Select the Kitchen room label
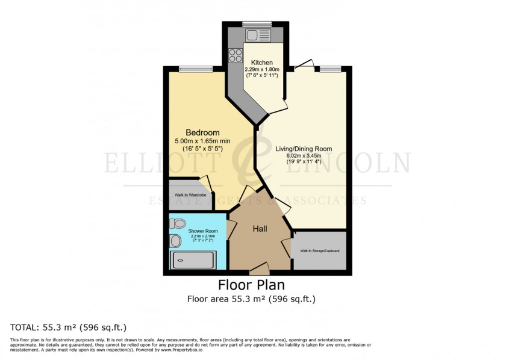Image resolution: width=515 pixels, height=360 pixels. click(262, 63)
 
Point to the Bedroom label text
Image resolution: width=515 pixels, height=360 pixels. click(202, 132)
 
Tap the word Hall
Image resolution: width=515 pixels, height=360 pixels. click(259, 229)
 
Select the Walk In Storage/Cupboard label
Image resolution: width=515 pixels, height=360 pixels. click(319, 250)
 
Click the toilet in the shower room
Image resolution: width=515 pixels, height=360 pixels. click(178, 224)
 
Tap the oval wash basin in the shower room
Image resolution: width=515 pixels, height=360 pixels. click(175, 241)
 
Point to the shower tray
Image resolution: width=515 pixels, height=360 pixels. click(193, 261)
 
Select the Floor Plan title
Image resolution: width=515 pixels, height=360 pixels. click(251, 285)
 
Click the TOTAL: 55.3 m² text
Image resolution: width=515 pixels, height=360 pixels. click(68, 327)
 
